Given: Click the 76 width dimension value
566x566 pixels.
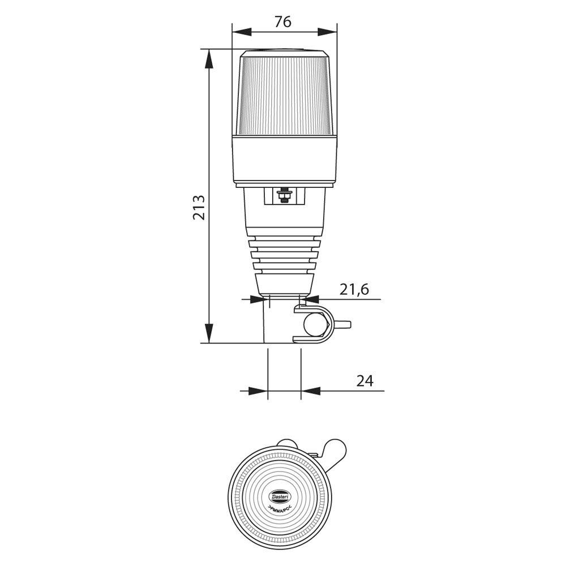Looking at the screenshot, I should [x=282, y=22].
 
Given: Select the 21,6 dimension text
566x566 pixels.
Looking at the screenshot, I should [x=354, y=290].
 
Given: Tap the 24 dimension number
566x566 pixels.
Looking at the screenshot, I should [x=365, y=381].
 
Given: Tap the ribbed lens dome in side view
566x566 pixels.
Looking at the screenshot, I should [x=285, y=93].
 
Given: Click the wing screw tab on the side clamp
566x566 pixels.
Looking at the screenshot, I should [x=343, y=324].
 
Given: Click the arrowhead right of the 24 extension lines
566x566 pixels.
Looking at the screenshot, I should [x=311, y=391].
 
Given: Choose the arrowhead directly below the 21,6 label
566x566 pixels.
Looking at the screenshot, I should [x=313, y=299].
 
